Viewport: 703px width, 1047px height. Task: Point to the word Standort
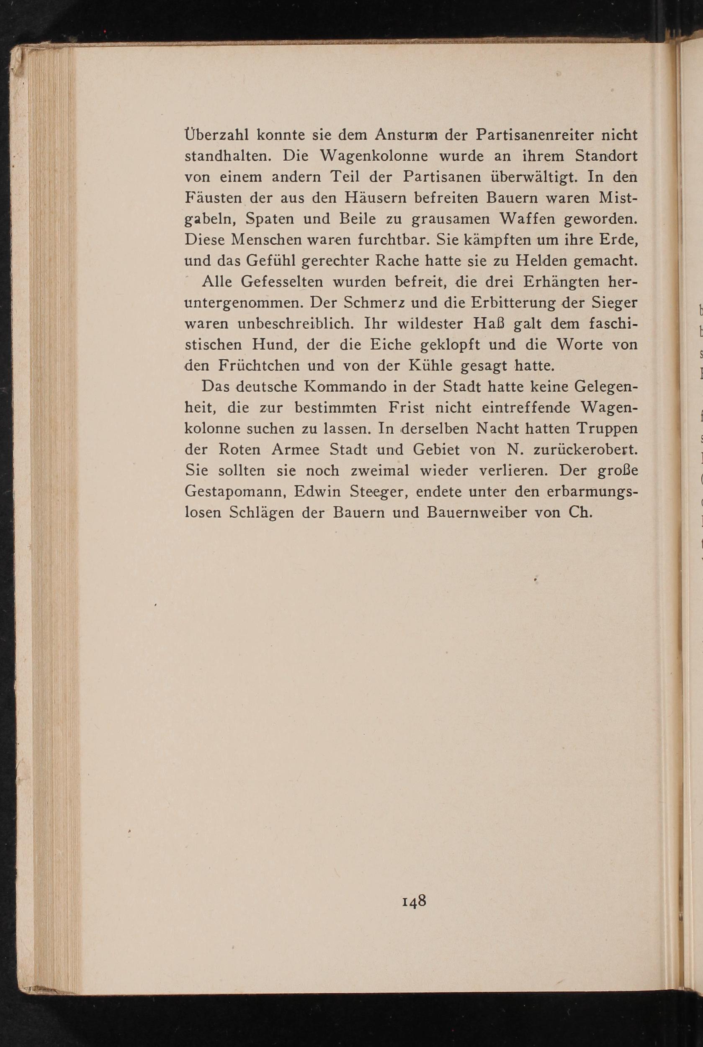point(606,156)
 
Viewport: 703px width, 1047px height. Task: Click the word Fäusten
point(214,198)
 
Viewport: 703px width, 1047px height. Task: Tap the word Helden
point(542,261)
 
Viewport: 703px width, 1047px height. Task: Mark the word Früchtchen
point(259,366)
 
